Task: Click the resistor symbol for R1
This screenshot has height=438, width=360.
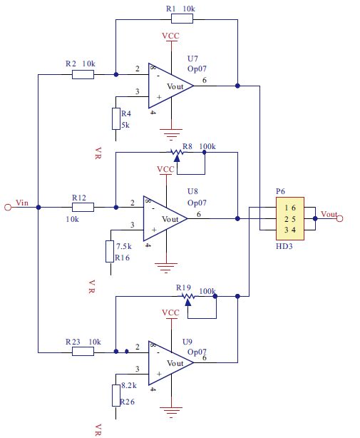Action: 182,19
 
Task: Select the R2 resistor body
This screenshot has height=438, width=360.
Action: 83,75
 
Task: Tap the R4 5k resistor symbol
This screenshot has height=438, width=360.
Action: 116,118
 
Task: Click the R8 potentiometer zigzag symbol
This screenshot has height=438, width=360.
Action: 177,153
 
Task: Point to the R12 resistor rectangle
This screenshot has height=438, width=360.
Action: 83,208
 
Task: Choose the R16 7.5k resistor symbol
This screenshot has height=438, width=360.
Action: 110,251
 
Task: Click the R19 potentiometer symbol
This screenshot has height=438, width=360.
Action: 188,297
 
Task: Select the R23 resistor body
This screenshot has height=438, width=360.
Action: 83,352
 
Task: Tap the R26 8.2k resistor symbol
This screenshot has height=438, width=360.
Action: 116,395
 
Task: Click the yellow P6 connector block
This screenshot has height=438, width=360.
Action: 290,219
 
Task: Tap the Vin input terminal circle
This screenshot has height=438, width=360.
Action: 8,208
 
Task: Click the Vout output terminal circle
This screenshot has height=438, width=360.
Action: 339,219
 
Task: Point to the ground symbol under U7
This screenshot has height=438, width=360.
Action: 171,134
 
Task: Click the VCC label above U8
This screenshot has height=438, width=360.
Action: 165,169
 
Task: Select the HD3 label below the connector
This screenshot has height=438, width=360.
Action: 284,246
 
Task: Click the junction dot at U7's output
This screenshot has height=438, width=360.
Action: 237,86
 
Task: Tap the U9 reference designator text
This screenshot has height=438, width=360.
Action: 187,342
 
